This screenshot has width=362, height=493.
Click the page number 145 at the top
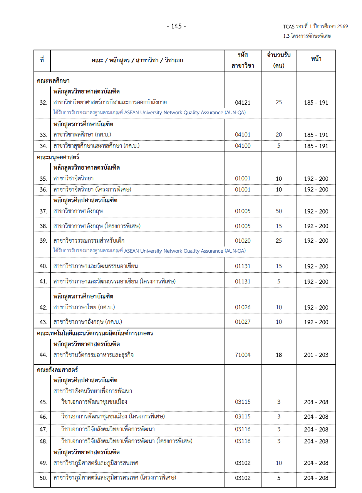click(176, 26)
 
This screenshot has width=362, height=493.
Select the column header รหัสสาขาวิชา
click(243, 60)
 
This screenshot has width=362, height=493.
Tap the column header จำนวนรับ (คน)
click(279, 60)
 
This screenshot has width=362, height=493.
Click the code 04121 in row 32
click(243, 103)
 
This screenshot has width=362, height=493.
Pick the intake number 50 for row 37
click(279, 211)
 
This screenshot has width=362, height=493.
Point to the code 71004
click(243, 355)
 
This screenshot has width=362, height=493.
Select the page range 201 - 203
click(316, 355)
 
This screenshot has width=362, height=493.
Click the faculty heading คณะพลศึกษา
click(53, 81)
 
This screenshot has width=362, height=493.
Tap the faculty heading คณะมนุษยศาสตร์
click(58, 157)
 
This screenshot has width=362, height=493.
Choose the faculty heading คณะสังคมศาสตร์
click(57, 370)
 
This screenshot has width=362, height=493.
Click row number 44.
click(44, 355)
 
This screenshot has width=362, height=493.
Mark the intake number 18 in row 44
click(279, 355)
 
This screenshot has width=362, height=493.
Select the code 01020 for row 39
click(243, 241)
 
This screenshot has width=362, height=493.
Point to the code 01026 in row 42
click(243, 307)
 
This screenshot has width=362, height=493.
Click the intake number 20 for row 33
click(279, 135)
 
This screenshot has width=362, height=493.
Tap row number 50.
click(44, 478)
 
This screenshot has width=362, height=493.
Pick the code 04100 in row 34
click(243, 146)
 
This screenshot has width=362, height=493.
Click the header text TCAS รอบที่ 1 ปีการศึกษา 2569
click(315, 27)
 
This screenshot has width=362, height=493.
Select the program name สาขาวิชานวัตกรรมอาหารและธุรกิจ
click(94, 355)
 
